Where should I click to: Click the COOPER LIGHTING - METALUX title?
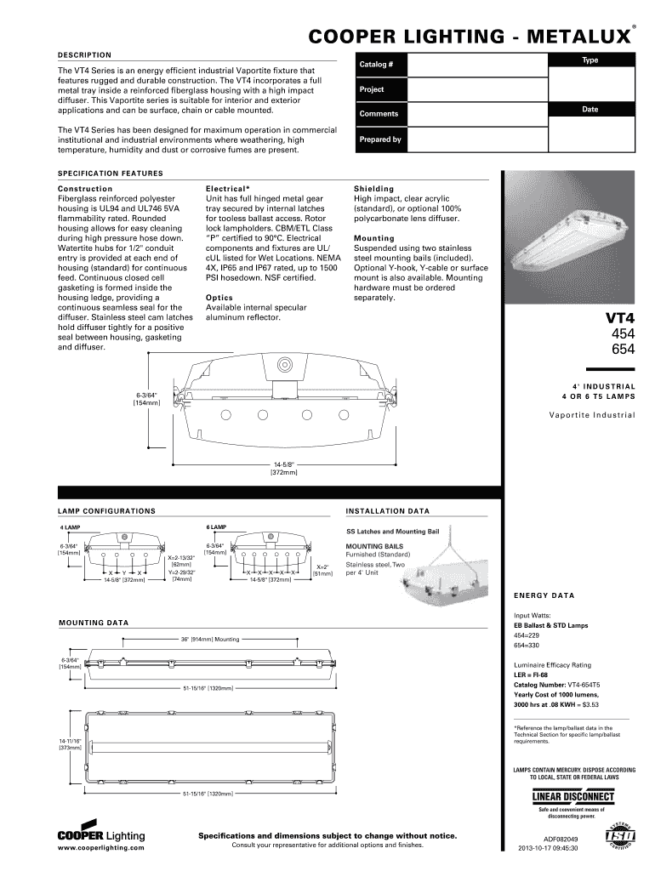click(x=469, y=37)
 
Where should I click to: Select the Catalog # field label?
click(x=376, y=65)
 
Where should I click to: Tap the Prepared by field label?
click(x=380, y=139)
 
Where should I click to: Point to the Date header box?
click(x=589, y=110)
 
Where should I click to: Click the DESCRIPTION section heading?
click(x=84, y=54)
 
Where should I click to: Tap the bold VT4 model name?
click(x=620, y=319)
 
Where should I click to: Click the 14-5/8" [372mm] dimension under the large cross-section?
click(x=283, y=468)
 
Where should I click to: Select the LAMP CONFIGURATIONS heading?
click(x=106, y=511)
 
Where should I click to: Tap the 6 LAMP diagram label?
click(x=217, y=527)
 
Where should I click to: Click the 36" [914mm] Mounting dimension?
click(x=209, y=639)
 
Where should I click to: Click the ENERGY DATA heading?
click(x=544, y=595)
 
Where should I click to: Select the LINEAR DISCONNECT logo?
click(x=572, y=797)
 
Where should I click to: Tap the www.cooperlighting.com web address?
click(x=100, y=849)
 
